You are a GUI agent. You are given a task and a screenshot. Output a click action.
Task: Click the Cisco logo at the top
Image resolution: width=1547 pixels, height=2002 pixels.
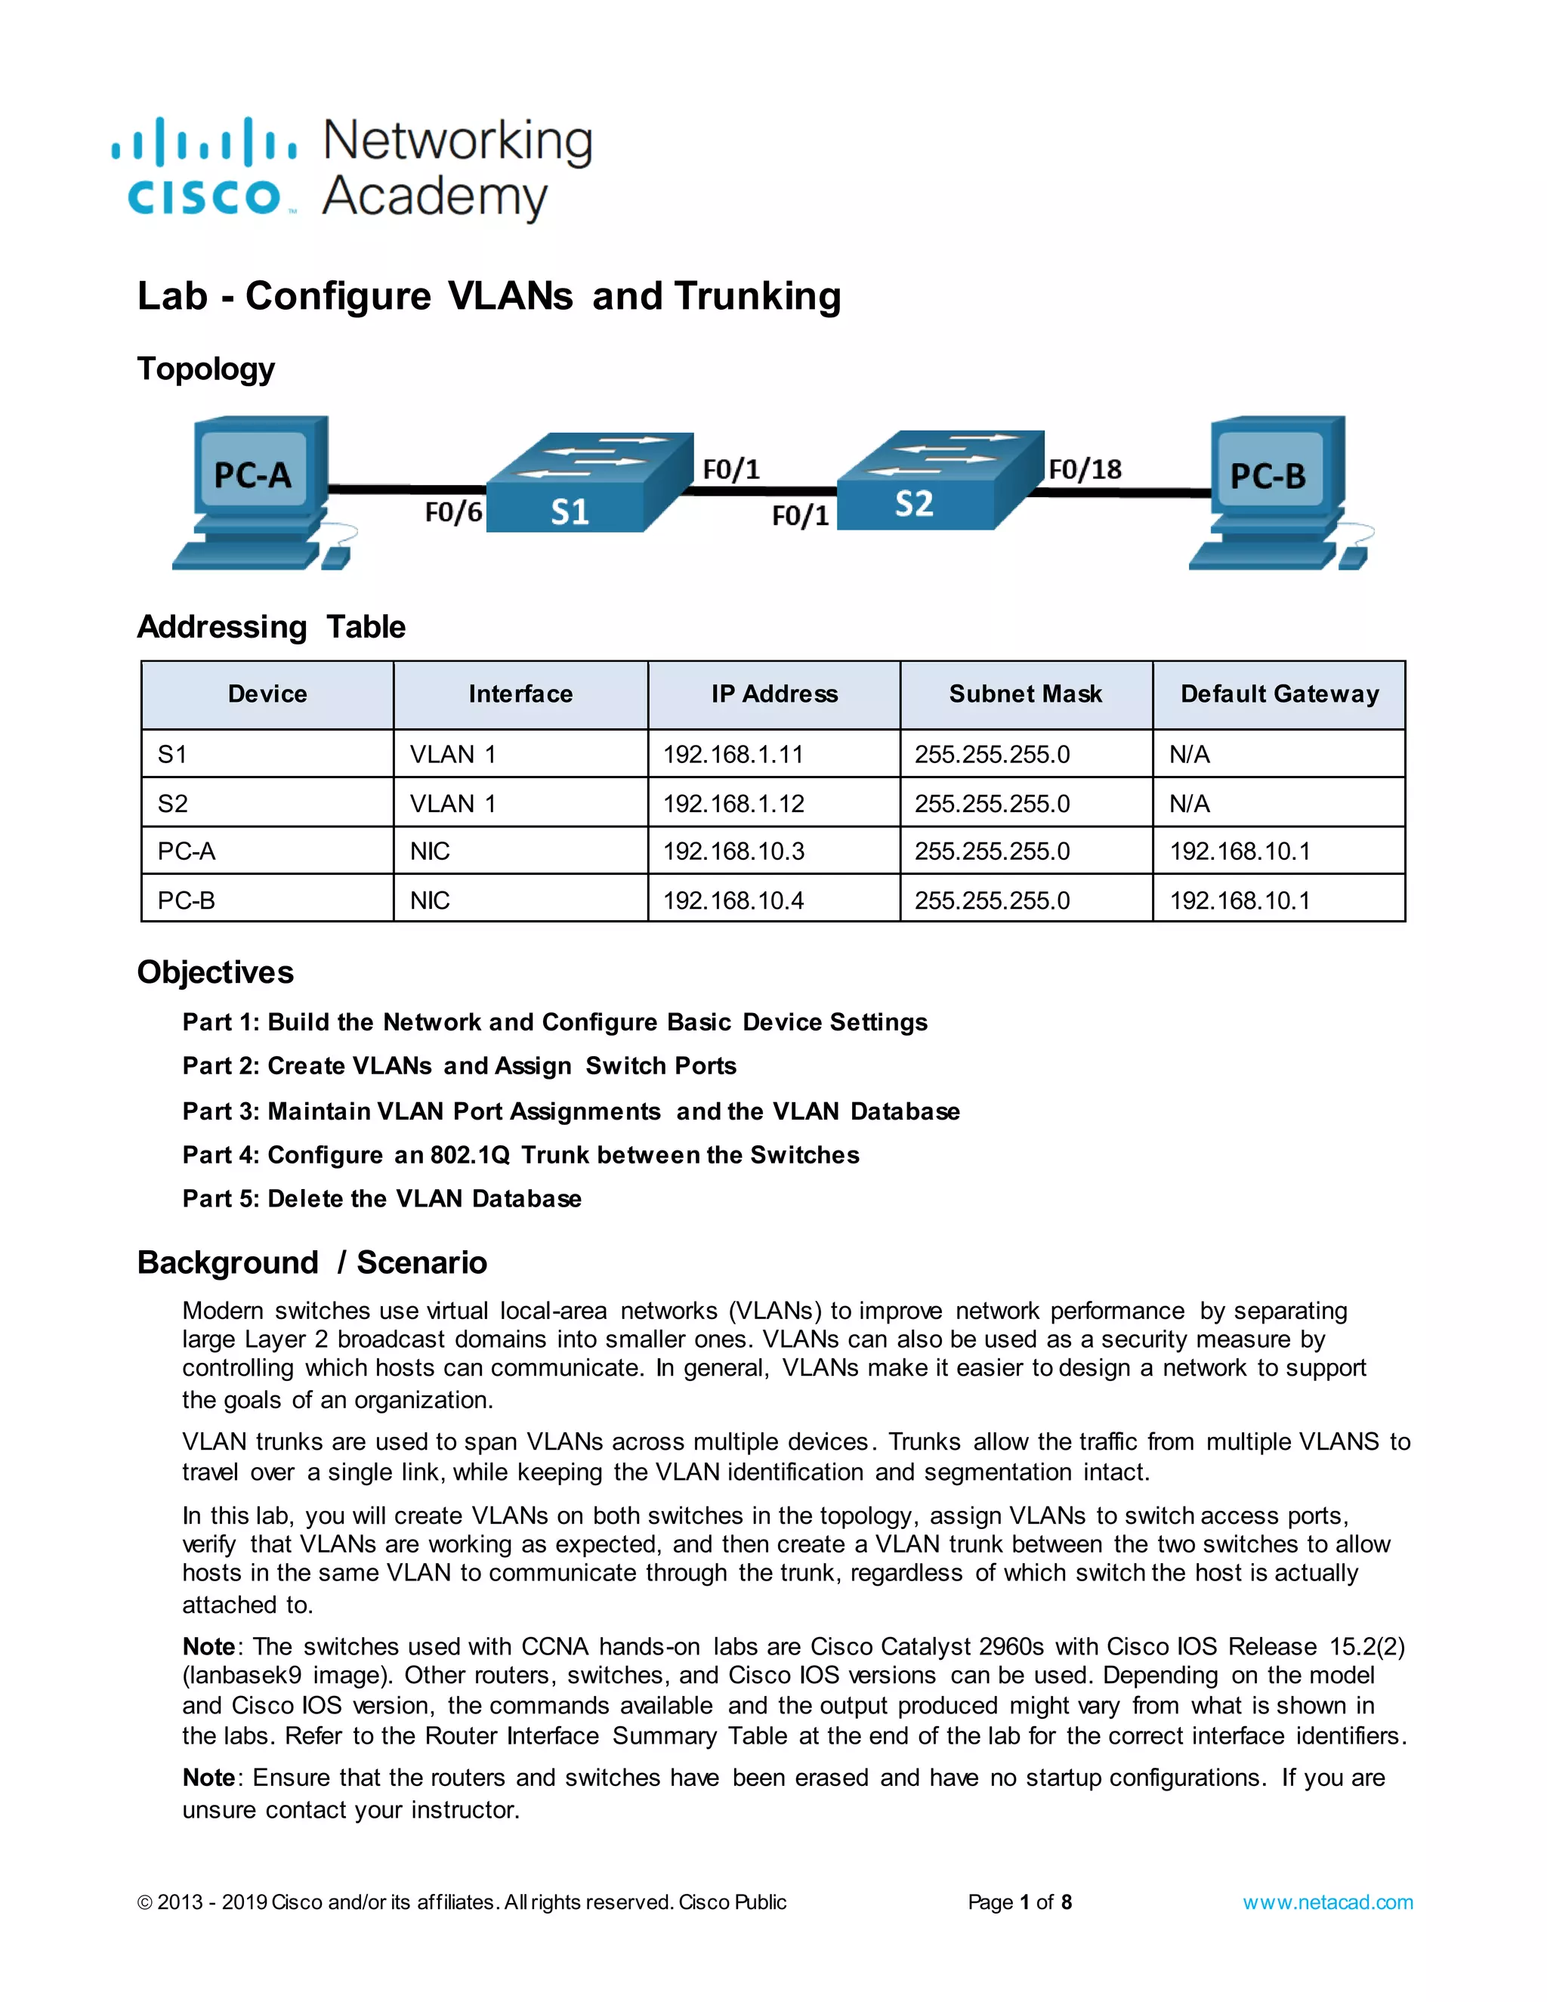coord(203,167)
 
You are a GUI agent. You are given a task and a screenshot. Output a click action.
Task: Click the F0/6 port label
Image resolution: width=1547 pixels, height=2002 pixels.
coord(452,511)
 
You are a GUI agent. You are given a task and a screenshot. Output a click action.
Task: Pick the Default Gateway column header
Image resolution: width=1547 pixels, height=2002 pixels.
coord(1279,694)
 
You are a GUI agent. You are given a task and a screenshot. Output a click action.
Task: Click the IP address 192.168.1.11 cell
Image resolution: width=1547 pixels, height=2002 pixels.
coord(733,755)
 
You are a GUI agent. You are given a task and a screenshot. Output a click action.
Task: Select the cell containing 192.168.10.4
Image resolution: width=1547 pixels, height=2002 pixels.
coord(733,901)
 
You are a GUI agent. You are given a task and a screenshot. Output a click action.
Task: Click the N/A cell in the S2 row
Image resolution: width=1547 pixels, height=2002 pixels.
coord(1189,804)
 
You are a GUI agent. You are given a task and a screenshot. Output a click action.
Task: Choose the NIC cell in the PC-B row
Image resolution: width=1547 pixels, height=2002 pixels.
coord(430,901)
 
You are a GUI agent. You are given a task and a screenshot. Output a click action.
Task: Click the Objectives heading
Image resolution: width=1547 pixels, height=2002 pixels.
coord(215,972)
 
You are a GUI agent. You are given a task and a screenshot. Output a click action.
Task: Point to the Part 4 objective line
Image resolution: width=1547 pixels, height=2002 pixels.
coord(520,1155)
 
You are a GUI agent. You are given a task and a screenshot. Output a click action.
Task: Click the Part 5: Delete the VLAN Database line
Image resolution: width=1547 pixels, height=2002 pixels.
coord(381,1199)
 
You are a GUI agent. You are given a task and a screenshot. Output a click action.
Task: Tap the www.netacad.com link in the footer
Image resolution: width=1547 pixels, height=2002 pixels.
coord(1327,1902)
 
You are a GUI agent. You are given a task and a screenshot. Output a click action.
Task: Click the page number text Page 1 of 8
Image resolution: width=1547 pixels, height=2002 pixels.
coord(1019,1902)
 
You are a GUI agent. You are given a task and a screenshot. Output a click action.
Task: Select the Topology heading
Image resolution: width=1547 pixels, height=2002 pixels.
coord(205,369)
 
